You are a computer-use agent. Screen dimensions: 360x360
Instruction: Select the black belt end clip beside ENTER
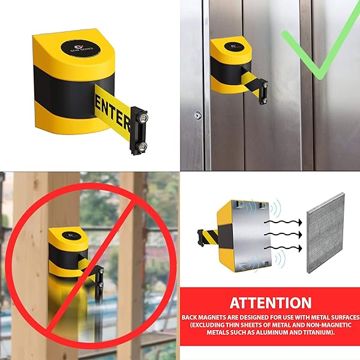pyautogui.click(x=140, y=130)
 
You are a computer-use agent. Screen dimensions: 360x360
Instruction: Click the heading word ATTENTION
pyautogui.click(x=271, y=302)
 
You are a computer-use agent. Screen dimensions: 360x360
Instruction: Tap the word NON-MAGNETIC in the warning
pyautogui.click(x=318, y=325)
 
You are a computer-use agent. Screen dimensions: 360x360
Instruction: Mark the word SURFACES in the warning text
pyautogui.click(x=340, y=316)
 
